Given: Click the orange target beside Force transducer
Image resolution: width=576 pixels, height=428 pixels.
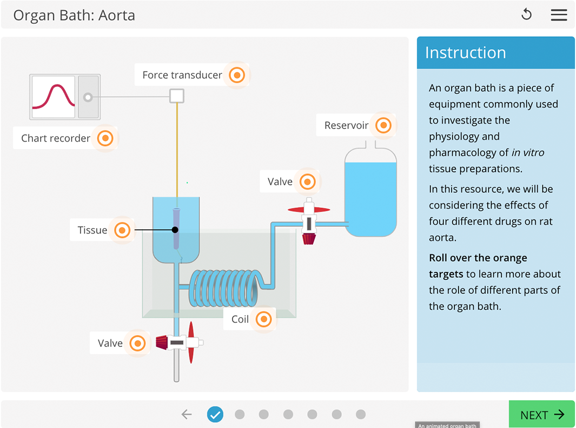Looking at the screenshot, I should point(237,75).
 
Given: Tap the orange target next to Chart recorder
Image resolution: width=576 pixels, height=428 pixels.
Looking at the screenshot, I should point(105,138).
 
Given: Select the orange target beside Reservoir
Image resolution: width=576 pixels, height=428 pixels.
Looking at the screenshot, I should point(383,125).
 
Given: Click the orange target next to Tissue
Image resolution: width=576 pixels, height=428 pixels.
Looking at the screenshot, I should point(122,230).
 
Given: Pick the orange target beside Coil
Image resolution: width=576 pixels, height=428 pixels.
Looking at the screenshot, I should point(263,319).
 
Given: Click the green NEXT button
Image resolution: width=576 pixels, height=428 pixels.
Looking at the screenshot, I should point(541,414).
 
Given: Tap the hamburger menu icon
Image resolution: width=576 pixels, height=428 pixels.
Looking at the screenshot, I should point(559,15).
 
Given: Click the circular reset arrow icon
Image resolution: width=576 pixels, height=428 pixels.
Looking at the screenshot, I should point(526,15).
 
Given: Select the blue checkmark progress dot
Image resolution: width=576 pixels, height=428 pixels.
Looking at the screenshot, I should point(215,414).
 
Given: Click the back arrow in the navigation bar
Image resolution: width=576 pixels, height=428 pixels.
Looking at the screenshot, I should point(187,414).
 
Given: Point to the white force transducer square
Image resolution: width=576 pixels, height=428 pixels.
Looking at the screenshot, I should point(177,96).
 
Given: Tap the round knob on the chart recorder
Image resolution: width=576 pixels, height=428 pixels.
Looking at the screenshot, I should point(88,97).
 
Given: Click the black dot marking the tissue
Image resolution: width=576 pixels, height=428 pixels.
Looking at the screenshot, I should point(175,230).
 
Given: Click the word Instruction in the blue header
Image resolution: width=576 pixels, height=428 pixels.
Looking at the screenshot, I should point(465,52).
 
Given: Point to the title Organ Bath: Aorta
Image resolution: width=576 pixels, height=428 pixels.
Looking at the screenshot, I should point(74,15).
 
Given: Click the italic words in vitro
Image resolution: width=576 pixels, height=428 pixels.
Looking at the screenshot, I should point(527,152).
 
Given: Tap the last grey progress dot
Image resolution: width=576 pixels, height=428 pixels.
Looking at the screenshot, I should point(361,414).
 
